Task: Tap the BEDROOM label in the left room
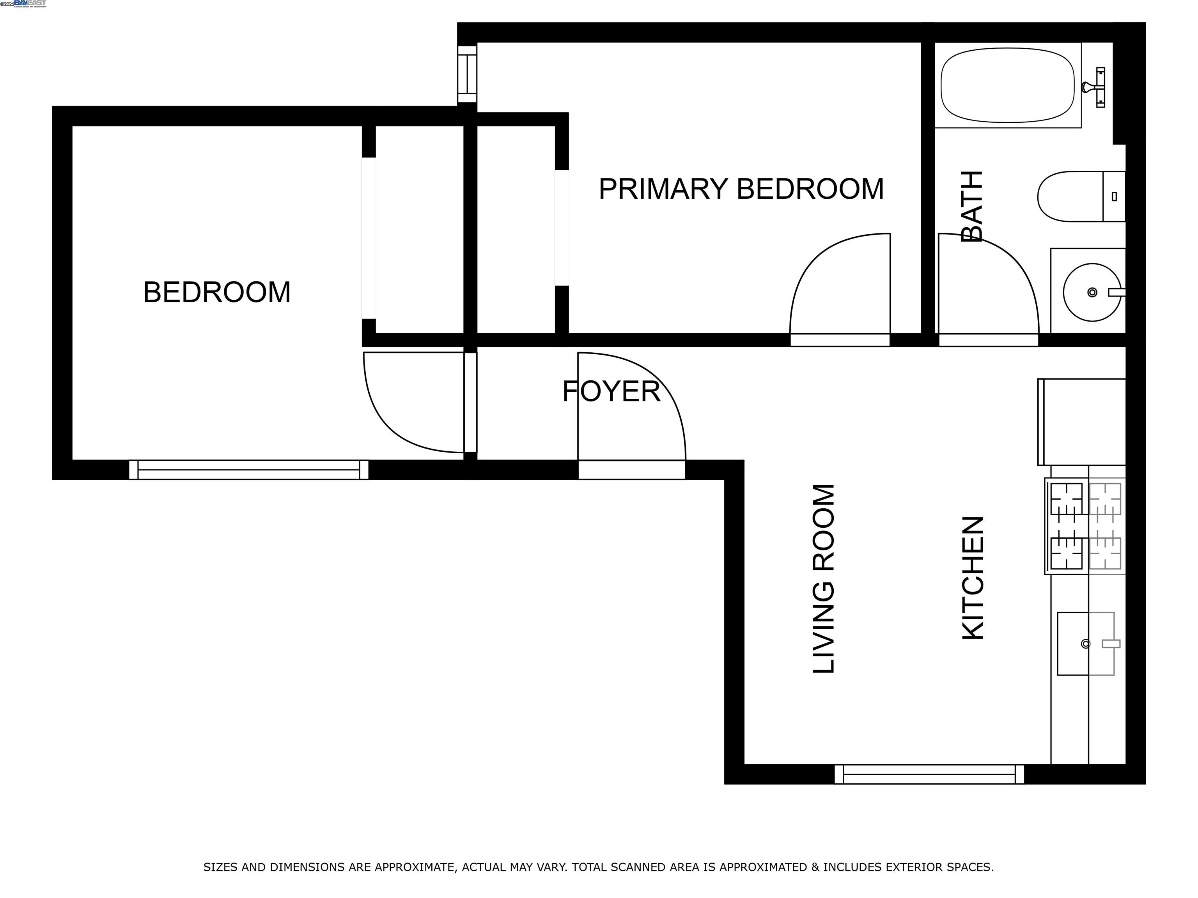pos(217,292)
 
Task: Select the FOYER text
pos(611,391)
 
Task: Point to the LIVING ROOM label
pos(824,579)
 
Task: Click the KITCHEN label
pos(972,578)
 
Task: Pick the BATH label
pos(971,206)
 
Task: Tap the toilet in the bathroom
pos(1078,196)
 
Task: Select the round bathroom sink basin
pos(1091,292)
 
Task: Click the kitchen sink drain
pos(1085,643)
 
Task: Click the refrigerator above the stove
pos(1081,422)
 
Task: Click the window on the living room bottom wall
pos(929,774)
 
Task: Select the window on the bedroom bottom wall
pos(248,469)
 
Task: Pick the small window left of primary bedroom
pos(467,74)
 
